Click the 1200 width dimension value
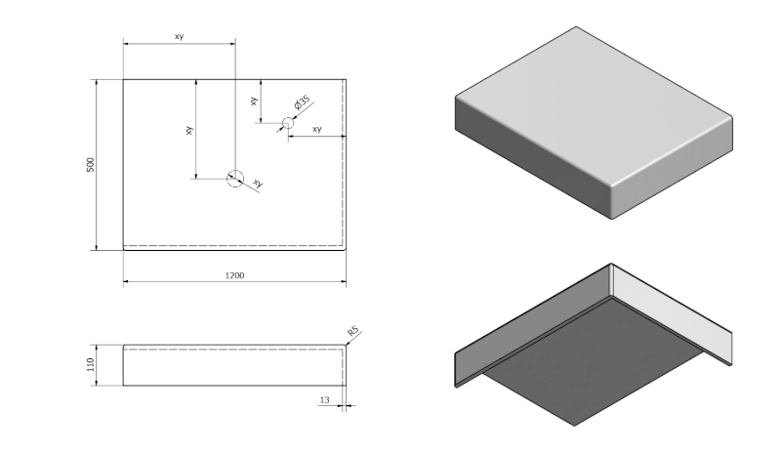(x=234, y=276)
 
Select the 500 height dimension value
(x=91, y=164)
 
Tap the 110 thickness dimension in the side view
(x=91, y=365)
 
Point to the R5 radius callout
(x=353, y=334)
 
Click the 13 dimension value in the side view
(x=324, y=399)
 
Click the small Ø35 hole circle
(x=288, y=123)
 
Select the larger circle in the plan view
(x=234, y=178)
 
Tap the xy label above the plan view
(x=179, y=36)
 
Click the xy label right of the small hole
(x=317, y=129)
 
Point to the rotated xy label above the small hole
(x=254, y=101)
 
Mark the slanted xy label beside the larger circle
(x=258, y=184)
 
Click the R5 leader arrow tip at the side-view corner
(x=346, y=345)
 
